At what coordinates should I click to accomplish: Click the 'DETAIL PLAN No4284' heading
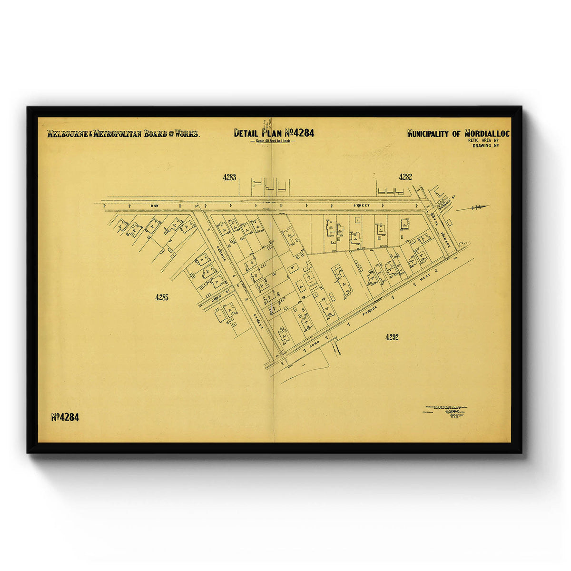click(x=274, y=133)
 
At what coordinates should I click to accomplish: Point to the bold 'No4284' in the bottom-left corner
click(x=65, y=417)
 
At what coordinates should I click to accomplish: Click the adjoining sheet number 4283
click(x=229, y=177)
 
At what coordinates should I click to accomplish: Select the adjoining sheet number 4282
click(x=405, y=177)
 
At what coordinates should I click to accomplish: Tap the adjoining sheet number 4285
click(x=162, y=297)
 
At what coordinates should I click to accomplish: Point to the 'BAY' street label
click(x=154, y=205)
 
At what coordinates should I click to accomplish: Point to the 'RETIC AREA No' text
click(x=483, y=140)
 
